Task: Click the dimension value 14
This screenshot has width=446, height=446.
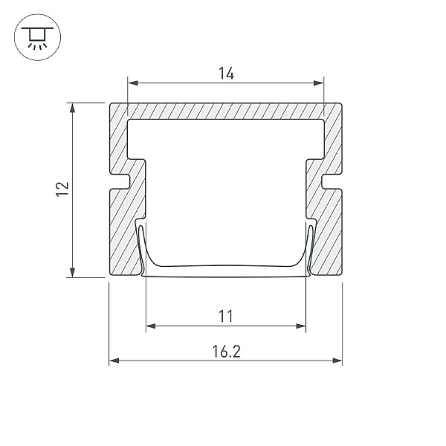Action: [x=227, y=73]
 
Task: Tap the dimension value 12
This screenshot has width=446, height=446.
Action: [x=62, y=189]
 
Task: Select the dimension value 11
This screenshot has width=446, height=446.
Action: [x=226, y=316]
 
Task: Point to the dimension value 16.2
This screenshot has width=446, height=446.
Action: [x=227, y=352]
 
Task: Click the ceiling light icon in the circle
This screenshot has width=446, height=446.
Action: [x=37, y=37]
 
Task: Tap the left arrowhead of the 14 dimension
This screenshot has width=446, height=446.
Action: [x=133, y=83]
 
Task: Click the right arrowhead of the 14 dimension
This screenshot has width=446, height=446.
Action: [x=319, y=83]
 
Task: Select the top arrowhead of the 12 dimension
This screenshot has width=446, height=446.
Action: [x=73, y=108]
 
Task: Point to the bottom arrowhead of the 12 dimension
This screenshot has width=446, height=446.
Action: [x=73, y=272]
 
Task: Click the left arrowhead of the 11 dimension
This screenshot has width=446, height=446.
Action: [x=151, y=326]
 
